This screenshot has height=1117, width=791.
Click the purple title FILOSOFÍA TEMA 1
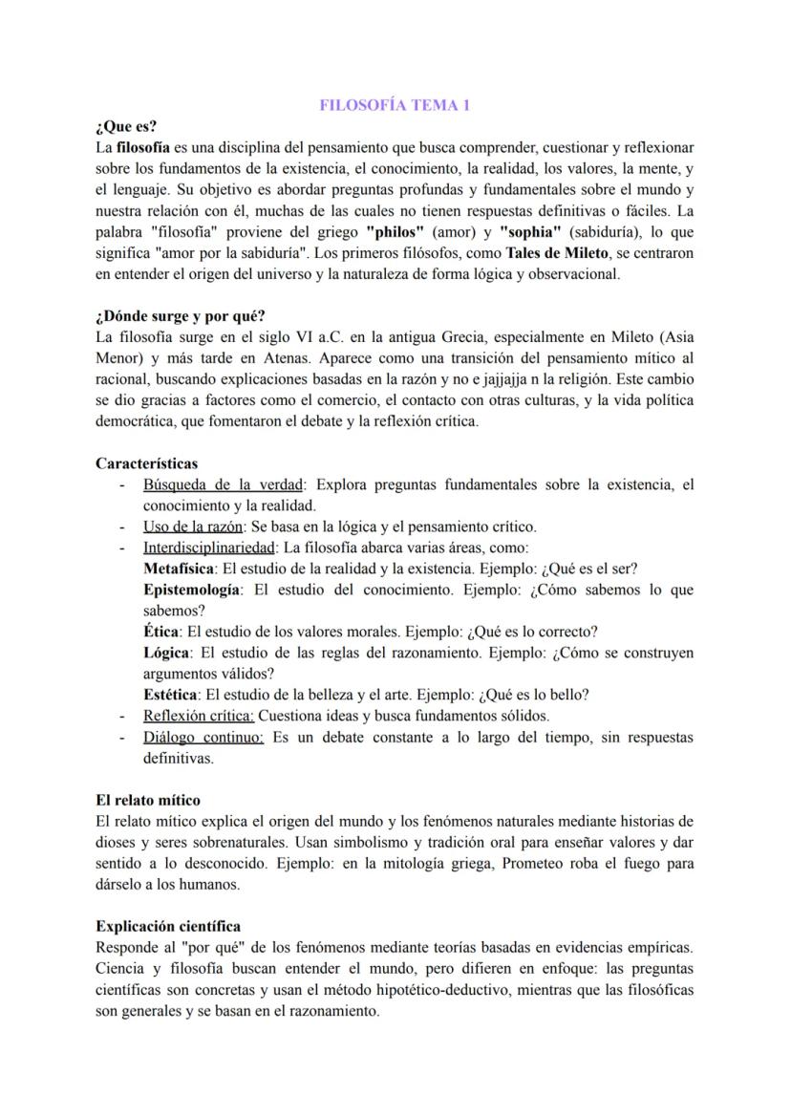pos(395,106)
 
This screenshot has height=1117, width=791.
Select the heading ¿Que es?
pos(126,127)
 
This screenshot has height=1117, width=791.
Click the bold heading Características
pos(146,463)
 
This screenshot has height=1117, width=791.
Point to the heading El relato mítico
pos(148,800)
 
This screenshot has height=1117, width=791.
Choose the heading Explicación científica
pos(168,926)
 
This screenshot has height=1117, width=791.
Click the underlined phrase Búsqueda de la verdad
pos(221,484)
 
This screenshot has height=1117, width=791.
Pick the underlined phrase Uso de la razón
pos(192,526)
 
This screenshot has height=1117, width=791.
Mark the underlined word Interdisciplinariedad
pos(208,548)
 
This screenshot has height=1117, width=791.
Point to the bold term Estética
pos(171,695)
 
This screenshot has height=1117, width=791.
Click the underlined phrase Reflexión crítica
pos(199,716)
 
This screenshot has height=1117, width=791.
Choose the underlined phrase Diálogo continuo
pos(203,737)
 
